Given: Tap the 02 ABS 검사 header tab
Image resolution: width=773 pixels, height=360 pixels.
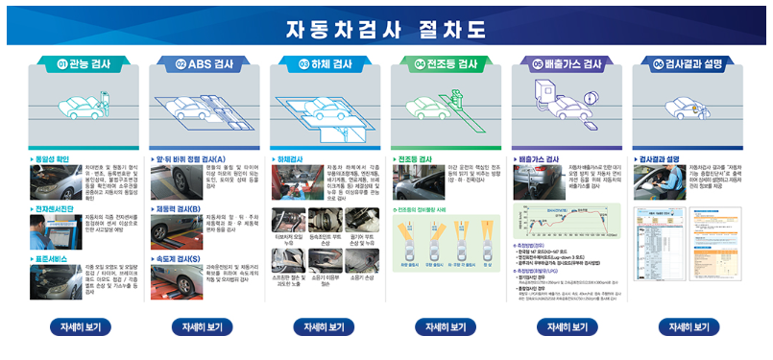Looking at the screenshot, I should pyautogui.click(x=202, y=64).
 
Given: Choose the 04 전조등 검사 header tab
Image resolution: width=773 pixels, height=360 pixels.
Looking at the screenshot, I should pyautogui.click(x=446, y=64).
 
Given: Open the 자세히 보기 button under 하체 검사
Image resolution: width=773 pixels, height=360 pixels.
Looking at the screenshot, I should pyautogui.click(x=324, y=327).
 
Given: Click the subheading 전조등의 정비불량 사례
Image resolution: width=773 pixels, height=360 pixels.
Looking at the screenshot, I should pyautogui.click(x=426, y=208).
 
